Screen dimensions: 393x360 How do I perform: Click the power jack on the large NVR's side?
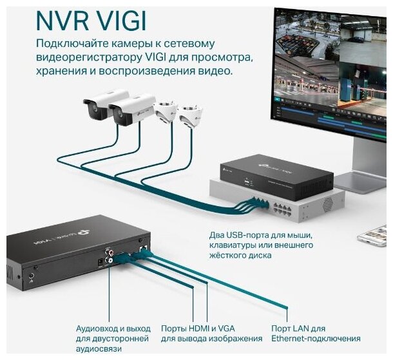point(31,278)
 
